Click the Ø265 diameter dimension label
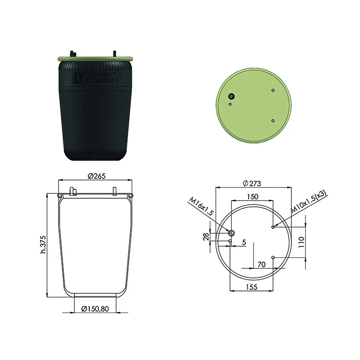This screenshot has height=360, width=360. point(96,176)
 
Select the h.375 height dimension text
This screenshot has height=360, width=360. point(43,244)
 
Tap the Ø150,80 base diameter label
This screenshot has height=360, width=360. point(95,309)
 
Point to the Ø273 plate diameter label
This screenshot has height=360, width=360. point(252,183)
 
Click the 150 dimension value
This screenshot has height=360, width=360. point(252,197)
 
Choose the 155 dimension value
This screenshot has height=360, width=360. point(252,287)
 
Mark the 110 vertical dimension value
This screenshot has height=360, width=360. point(301,242)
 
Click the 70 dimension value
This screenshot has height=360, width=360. point(262,264)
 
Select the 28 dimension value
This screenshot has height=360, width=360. point(206,237)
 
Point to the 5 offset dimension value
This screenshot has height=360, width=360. point(244,242)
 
